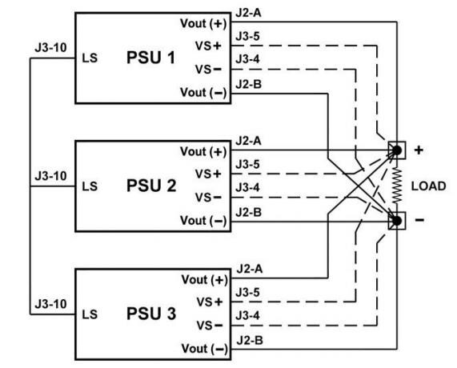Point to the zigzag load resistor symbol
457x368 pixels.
[395, 185]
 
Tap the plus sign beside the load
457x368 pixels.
[419, 150]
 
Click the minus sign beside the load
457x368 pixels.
[419, 220]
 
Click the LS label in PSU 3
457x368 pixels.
[90, 314]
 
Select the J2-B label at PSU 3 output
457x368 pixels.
[246, 340]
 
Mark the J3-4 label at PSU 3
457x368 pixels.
[246, 317]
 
